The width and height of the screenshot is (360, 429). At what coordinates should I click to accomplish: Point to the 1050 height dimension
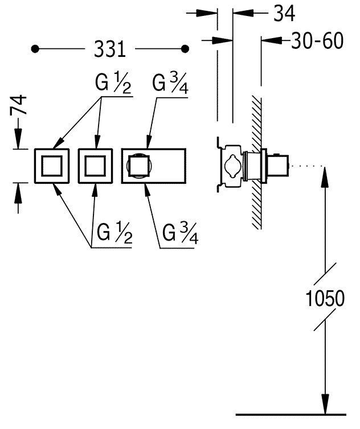(324, 298)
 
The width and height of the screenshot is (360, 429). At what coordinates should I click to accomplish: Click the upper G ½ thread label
(113, 85)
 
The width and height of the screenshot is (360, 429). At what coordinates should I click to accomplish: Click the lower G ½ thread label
(114, 233)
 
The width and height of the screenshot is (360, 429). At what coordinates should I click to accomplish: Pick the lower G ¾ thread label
(179, 233)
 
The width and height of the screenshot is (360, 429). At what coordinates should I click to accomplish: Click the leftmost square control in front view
(52, 166)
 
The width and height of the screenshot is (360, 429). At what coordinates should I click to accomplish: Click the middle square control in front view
(96, 166)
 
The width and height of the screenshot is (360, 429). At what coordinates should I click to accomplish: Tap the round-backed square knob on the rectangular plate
(138, 166)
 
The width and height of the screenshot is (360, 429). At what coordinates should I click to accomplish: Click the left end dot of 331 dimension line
(35, 49)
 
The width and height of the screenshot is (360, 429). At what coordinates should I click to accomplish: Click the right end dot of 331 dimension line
(185, 49)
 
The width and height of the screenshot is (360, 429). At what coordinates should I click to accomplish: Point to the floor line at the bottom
(291, 414)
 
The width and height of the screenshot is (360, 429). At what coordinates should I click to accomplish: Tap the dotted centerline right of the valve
(308, 166)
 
